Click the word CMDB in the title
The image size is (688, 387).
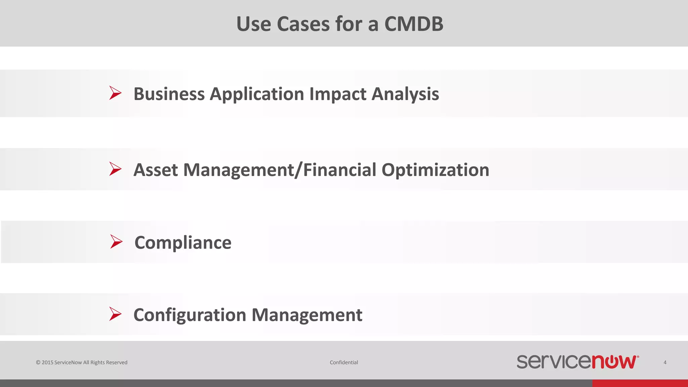coord(414,24)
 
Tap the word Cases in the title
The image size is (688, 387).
coord(303,24)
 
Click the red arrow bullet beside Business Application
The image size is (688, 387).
coord(115,93)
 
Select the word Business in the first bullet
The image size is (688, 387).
coord(169,94)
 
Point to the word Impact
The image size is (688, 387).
coord(338,94)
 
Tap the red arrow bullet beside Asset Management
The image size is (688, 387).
coord(115,169)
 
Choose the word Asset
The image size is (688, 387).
coord(156,170)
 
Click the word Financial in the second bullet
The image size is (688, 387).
coord(340,170)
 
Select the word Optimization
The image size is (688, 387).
coord(435,170)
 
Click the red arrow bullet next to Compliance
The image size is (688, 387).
coord(116,242)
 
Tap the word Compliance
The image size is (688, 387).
coord(183,243)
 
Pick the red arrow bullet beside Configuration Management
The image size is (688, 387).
coord(115,314)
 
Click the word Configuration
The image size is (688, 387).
coord(190,315)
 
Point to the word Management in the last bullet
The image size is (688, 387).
coord(307,315)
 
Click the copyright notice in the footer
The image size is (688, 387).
coord(82,362)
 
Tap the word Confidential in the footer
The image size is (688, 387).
coord(344,362)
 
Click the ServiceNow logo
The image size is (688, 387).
coord(577,362)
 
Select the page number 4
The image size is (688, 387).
coord(665,362)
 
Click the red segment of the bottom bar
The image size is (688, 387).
coord(640,383)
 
